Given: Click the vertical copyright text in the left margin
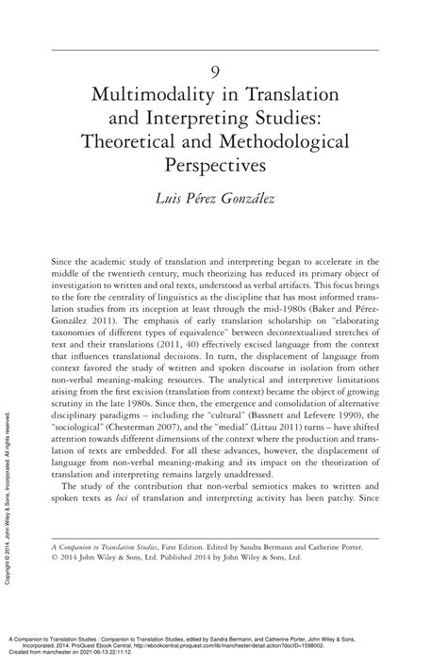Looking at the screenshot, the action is [8, 491].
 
